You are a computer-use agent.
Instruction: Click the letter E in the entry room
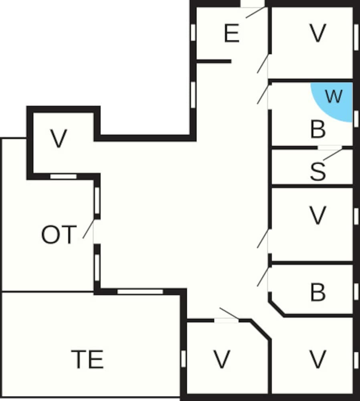point(232,33)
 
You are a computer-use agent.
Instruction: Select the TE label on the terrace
point(87,359)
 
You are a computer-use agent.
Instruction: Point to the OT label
point(59,235)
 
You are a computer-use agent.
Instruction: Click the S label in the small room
point(318,171)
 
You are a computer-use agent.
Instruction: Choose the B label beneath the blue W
point(318,129)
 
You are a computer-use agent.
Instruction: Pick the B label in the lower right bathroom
point(318,292)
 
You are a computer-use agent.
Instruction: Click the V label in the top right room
point(318,33)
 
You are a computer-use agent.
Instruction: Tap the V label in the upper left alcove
point(59,138)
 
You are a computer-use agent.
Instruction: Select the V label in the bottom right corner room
point(318,359)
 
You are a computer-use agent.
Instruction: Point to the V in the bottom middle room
point(222,359)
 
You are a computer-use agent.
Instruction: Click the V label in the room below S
point(318,215)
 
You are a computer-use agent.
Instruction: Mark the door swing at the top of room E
point(256,12)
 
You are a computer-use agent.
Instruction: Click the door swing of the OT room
point(89,229)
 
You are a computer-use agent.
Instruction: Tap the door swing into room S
point(333,154)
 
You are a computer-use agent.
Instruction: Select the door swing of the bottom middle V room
point(229,314)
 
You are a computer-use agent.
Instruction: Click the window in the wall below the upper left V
point(63,176)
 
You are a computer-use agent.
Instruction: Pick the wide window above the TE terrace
point(140,292)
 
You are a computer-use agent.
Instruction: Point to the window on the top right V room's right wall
point(356,37)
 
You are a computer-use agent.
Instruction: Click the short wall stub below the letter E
point(214,61)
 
